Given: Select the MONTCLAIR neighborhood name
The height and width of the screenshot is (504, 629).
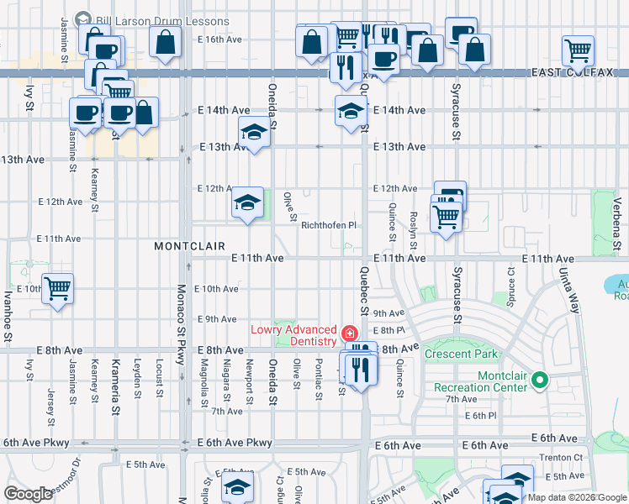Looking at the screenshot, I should point(189,246).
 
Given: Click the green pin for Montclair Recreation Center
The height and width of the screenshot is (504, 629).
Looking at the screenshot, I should point(542,381).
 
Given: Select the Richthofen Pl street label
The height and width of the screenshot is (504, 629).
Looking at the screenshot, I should point(329,225).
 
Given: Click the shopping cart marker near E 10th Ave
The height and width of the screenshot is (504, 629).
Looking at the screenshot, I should point(57,289).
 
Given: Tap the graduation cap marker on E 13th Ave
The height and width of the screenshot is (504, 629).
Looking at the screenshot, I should point(254,132).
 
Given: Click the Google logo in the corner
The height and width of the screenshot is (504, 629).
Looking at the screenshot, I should point(29,494).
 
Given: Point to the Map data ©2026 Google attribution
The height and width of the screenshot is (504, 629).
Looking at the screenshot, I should point(576,497).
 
